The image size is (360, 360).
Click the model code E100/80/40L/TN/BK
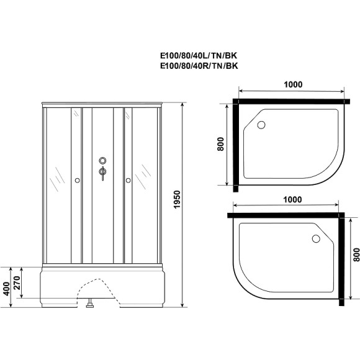[x=199, y=54]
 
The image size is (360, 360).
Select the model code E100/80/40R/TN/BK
[x=199, y=64]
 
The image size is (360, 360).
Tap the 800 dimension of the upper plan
[x=220, y=145]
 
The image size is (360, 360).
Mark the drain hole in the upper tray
[x=261, y=126]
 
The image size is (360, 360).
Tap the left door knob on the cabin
[x=76, y=181]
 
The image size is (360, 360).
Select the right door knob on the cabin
[x=128, y=181]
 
